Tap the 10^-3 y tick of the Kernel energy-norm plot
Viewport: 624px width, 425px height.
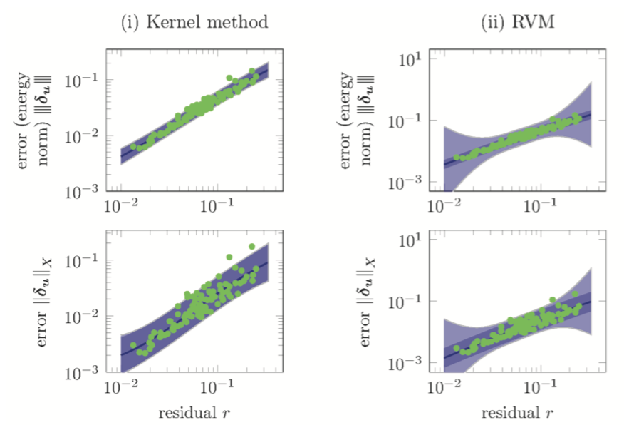(88, 192)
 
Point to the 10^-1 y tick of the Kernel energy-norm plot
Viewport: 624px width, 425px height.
(88, 80)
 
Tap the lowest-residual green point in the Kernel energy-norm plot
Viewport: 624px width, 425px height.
(133, 146)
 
